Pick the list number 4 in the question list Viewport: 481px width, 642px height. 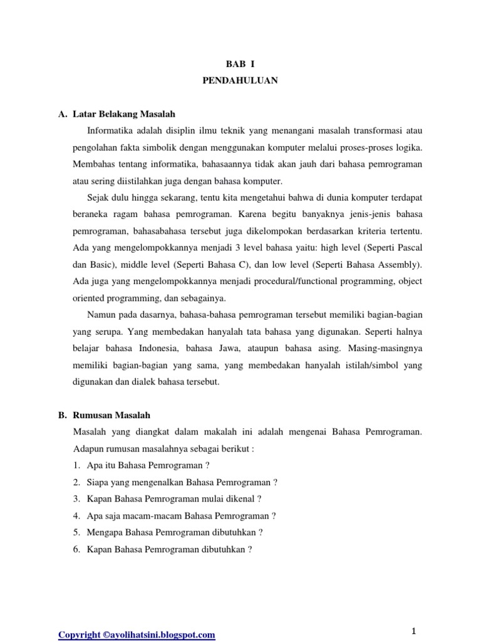point(76,516)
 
